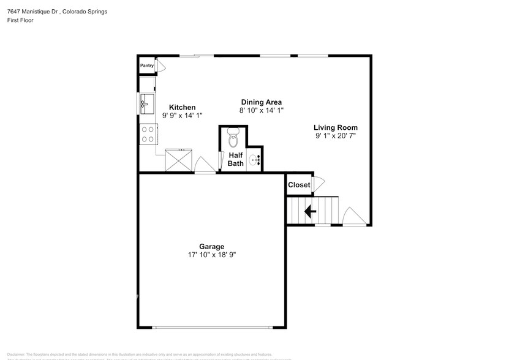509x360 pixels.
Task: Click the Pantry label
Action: [146, 66]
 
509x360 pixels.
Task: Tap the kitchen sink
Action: [147, 104]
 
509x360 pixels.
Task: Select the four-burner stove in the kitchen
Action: [148, 133]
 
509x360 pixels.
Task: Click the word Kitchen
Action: [182, 107]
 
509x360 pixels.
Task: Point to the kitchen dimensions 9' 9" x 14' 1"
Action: [182, 115]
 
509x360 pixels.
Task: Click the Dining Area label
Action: [261, 102]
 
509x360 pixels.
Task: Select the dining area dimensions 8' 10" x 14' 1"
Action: [261, 110]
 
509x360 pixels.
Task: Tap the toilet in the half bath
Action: [233, 139]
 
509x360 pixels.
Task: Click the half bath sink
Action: [256, 161]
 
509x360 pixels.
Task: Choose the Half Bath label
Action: [235, 159]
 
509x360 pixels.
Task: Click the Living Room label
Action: [336, 127]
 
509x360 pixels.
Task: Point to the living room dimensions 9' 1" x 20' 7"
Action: [336, 136]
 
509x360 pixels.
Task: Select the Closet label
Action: [299, 185]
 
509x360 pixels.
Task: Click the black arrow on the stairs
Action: [310, 212]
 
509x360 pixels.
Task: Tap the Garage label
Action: [211, 247]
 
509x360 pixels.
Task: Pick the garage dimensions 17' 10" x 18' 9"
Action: [211, 255]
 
